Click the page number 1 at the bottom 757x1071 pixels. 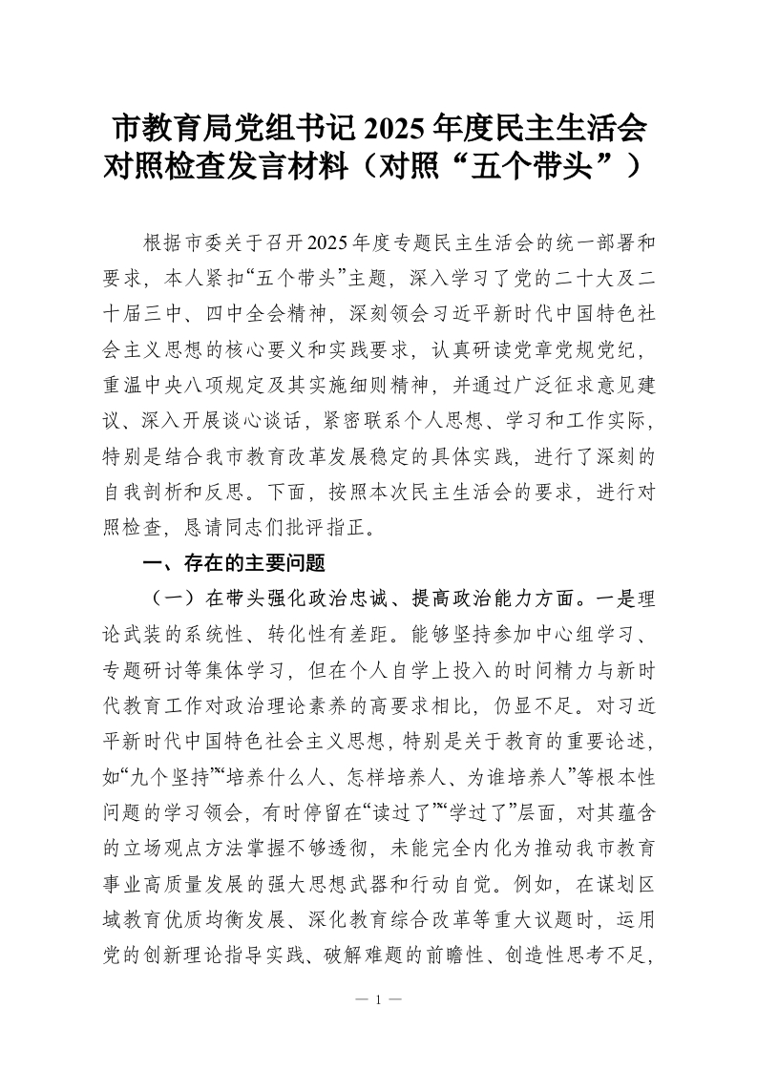tap(379, 1000)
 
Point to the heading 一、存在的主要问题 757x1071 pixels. tap(234, 564)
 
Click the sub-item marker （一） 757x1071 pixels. tap(164, 599)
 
